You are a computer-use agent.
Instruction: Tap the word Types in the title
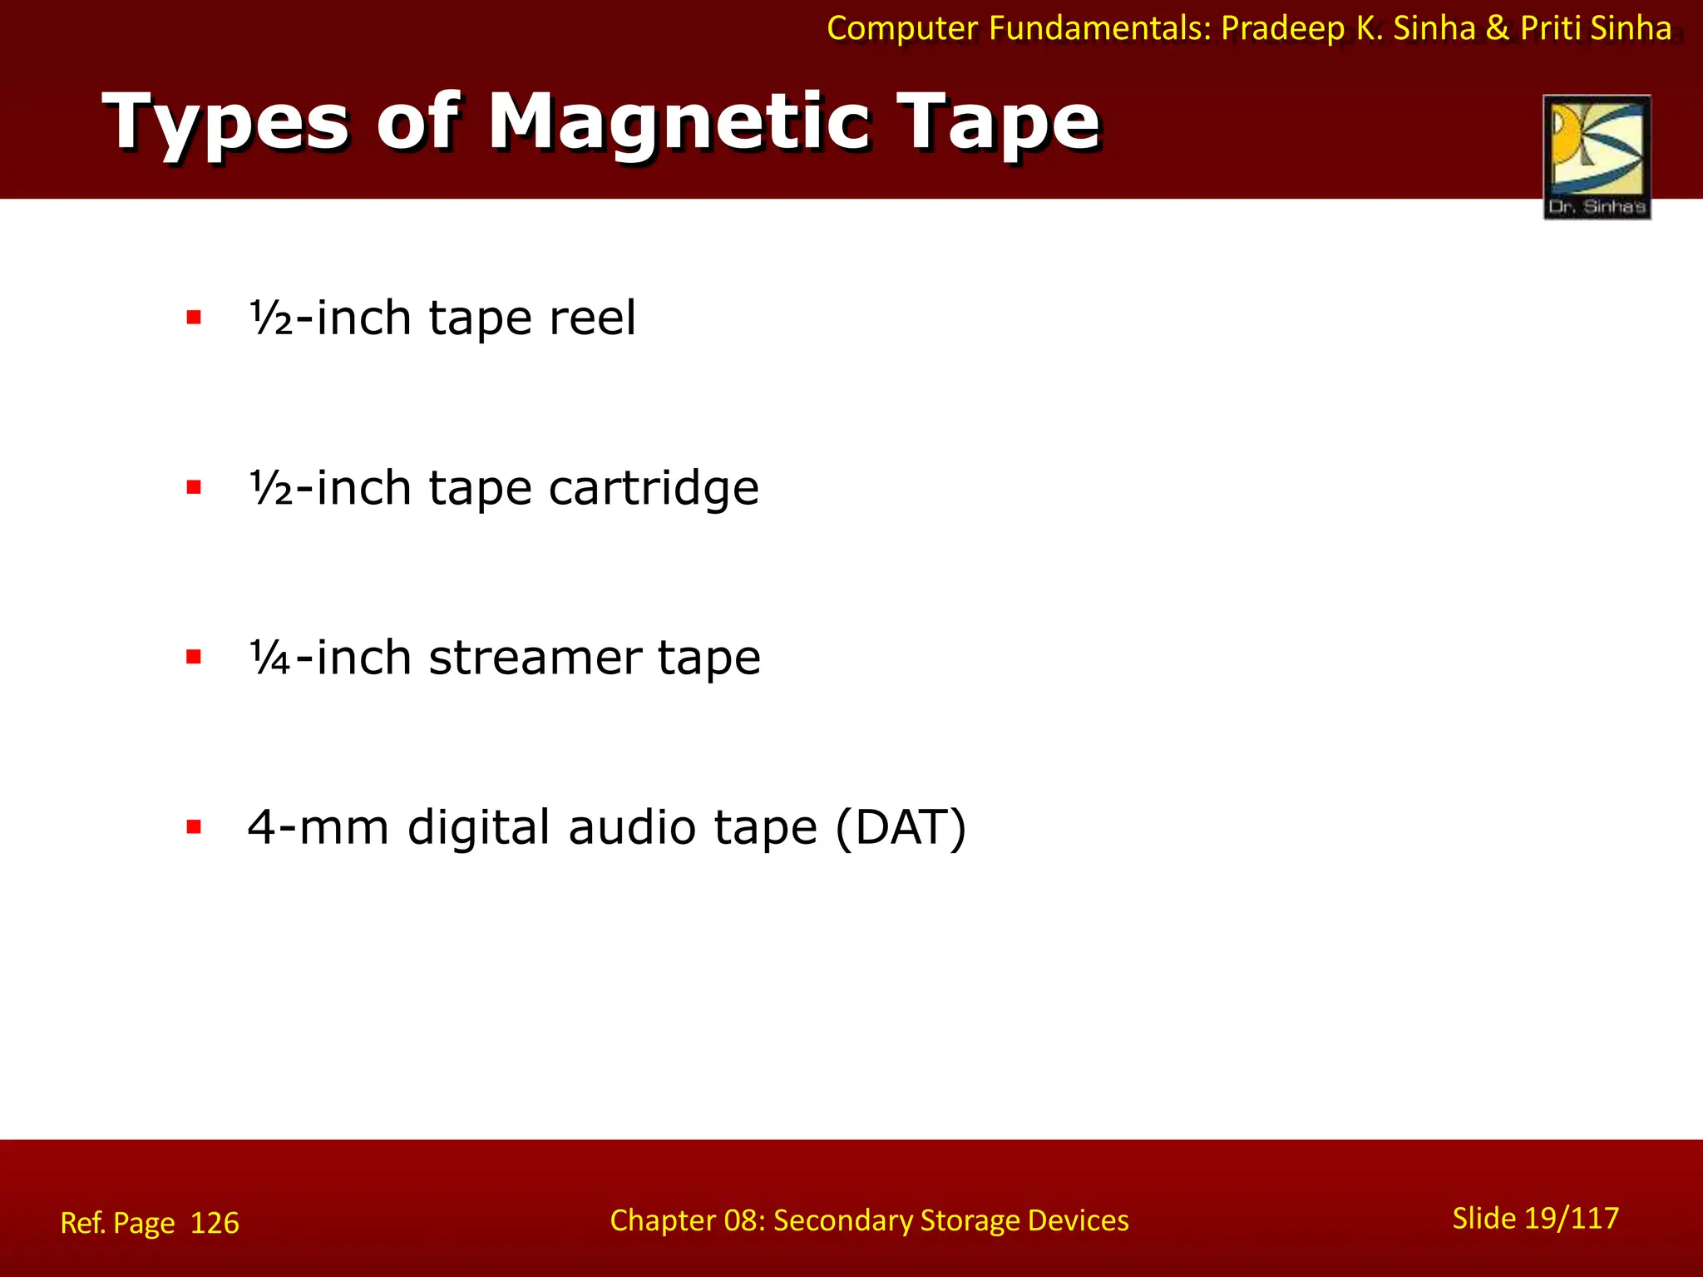(225, 125)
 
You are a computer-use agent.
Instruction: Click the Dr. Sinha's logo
(1597, 156)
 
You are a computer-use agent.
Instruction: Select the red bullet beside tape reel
(195, 318)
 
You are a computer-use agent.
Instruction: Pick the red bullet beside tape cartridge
(195, 487)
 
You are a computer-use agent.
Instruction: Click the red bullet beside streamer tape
(195, 658)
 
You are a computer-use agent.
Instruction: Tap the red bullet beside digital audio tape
(195, 827)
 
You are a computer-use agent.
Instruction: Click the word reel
(592, 318)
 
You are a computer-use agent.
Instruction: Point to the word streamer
(535, 658)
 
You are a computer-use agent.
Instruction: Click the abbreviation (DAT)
(901, 828)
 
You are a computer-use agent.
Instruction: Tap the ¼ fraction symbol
(269, 658)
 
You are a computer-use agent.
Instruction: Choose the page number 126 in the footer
(215, 1223)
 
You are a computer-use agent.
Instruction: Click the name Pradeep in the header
(1282, 29)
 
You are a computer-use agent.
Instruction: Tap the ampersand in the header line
(1497, 29)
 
